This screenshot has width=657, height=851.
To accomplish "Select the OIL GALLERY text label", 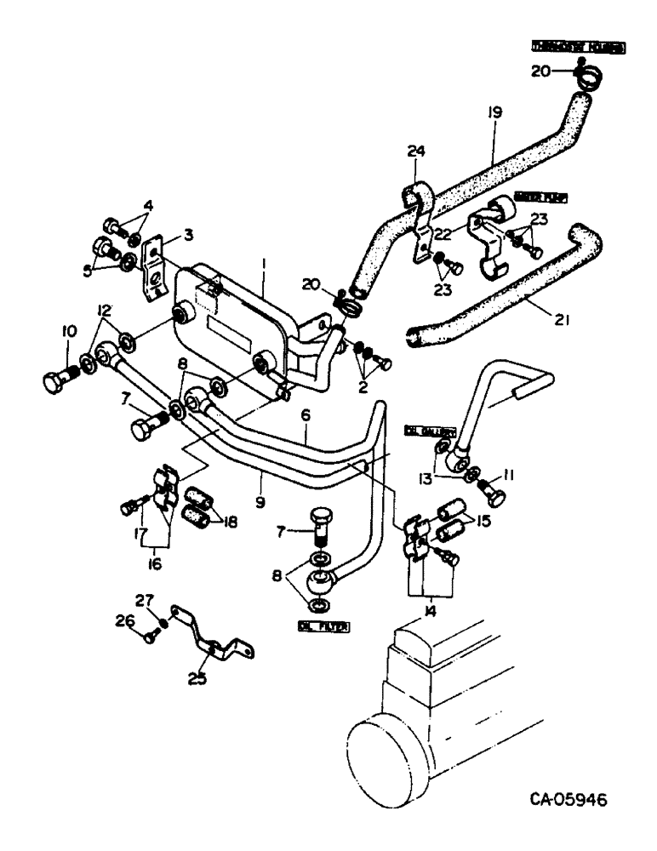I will pyautogui.click(x=437, y=431).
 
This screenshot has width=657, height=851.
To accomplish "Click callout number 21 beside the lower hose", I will pyautogui.click(x=538, y=320).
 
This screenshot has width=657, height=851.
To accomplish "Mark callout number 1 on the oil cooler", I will pyautogui.click(x=264, y=266).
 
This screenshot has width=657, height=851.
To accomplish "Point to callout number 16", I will pyautogui.click(x=153, y=563).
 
